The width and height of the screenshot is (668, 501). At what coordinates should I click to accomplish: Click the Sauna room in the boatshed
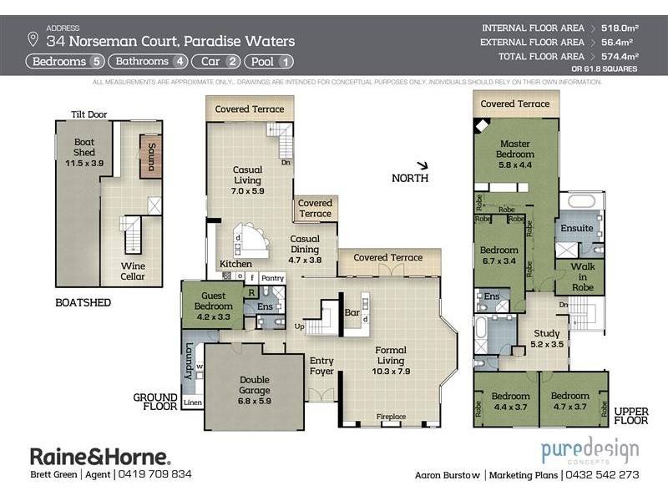pyautogui.click(x=151, y=156)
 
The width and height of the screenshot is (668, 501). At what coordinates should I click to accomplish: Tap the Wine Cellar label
pyautogui.click(x=133, y=271)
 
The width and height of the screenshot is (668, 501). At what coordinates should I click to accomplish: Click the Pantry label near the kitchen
pyautogui.click(x=272, y=277)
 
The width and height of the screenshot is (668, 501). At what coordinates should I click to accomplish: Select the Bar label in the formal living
pyautogui.click(x=352, y=312)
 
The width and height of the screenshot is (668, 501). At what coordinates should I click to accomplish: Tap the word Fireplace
pyautogui.click(x=392, y=417)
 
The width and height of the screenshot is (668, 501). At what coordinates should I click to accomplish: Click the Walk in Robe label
pyautogui.click(x=582, y=276)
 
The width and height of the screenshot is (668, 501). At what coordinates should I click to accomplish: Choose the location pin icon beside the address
pyautogui.click(x=33, y=39)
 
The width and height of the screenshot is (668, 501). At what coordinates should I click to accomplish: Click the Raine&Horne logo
pyautogui.click(x=100, y=456)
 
